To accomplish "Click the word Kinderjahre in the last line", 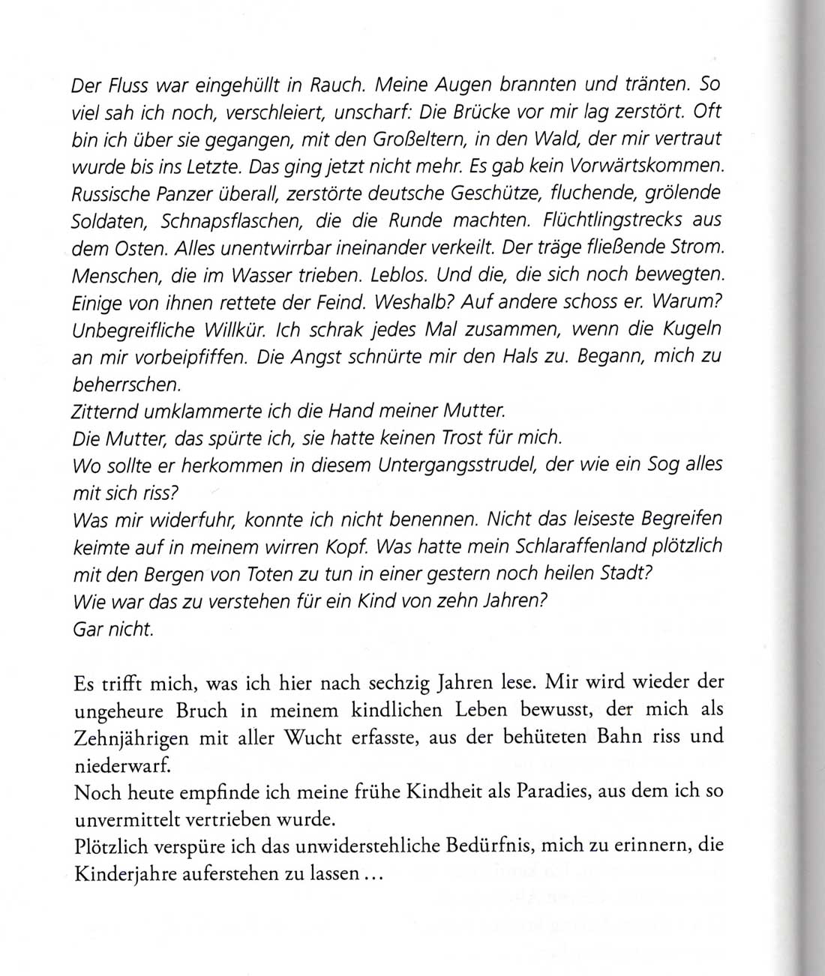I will pos(124,873).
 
